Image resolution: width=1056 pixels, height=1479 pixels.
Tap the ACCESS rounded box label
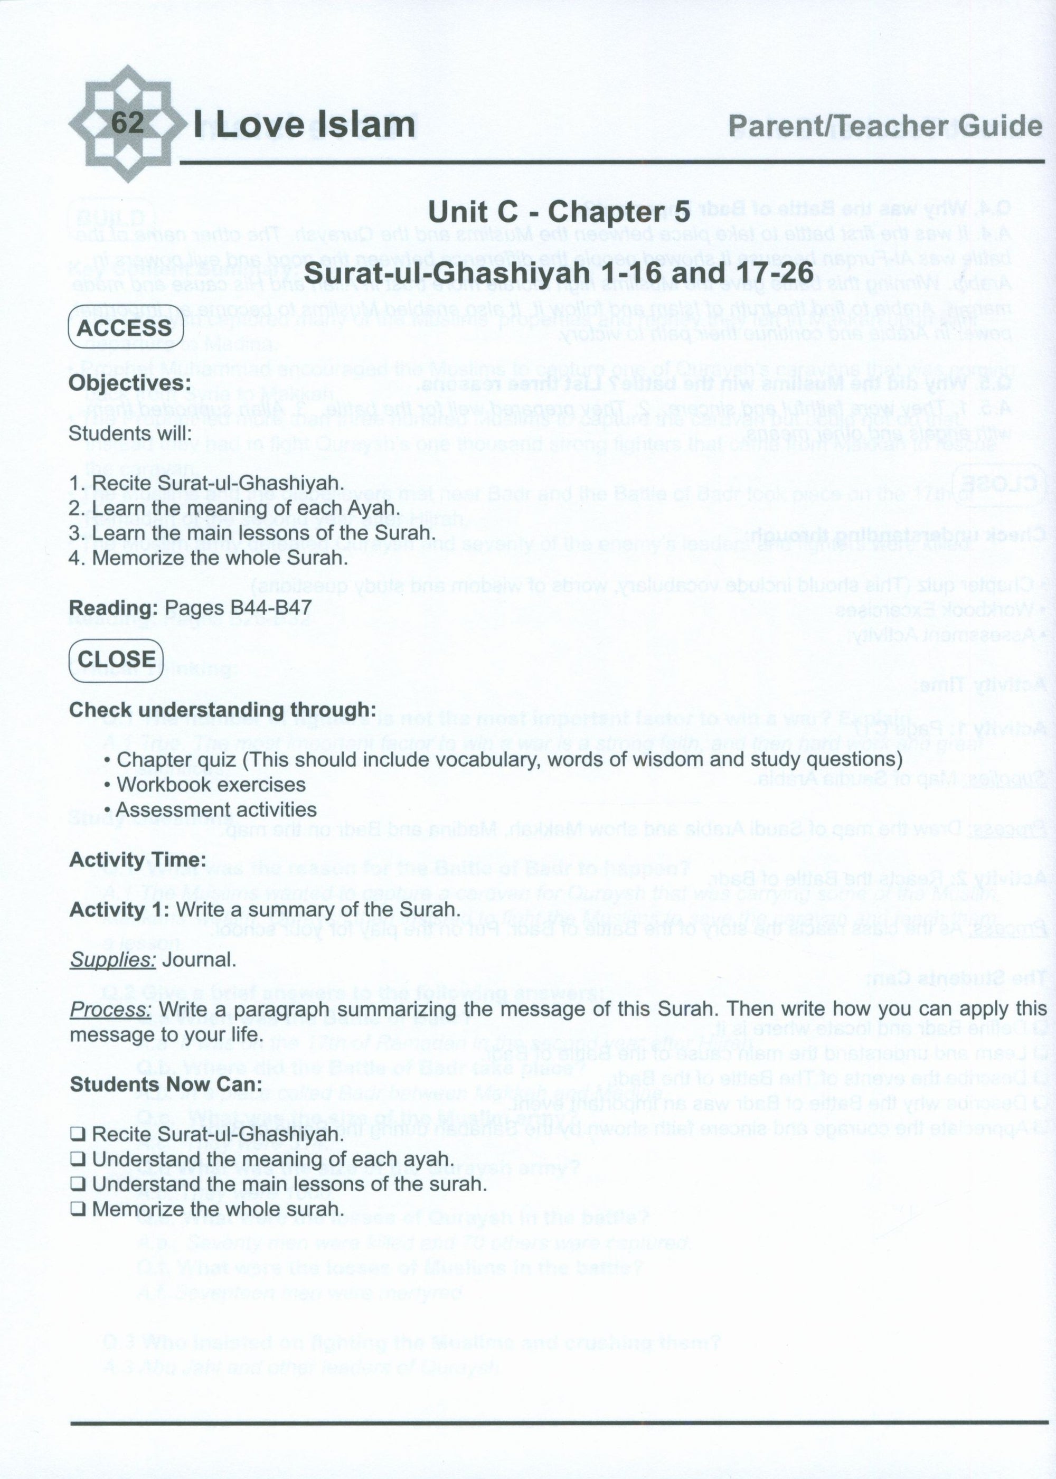click(124, 327)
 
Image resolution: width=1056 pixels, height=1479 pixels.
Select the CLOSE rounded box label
click(116, 658)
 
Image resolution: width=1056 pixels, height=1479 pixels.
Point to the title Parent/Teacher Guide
click(885, 126)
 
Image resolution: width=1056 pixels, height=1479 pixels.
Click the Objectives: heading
click(130, 382)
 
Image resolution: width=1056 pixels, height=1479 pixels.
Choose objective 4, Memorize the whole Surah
click(208, 558)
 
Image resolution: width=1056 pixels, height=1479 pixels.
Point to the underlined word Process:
click(110, 1010)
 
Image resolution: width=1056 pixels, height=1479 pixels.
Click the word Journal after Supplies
click(199, 959)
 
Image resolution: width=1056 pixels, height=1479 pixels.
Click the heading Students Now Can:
click(166, 1085)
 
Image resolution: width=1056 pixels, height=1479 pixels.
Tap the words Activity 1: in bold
click(118, 909)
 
